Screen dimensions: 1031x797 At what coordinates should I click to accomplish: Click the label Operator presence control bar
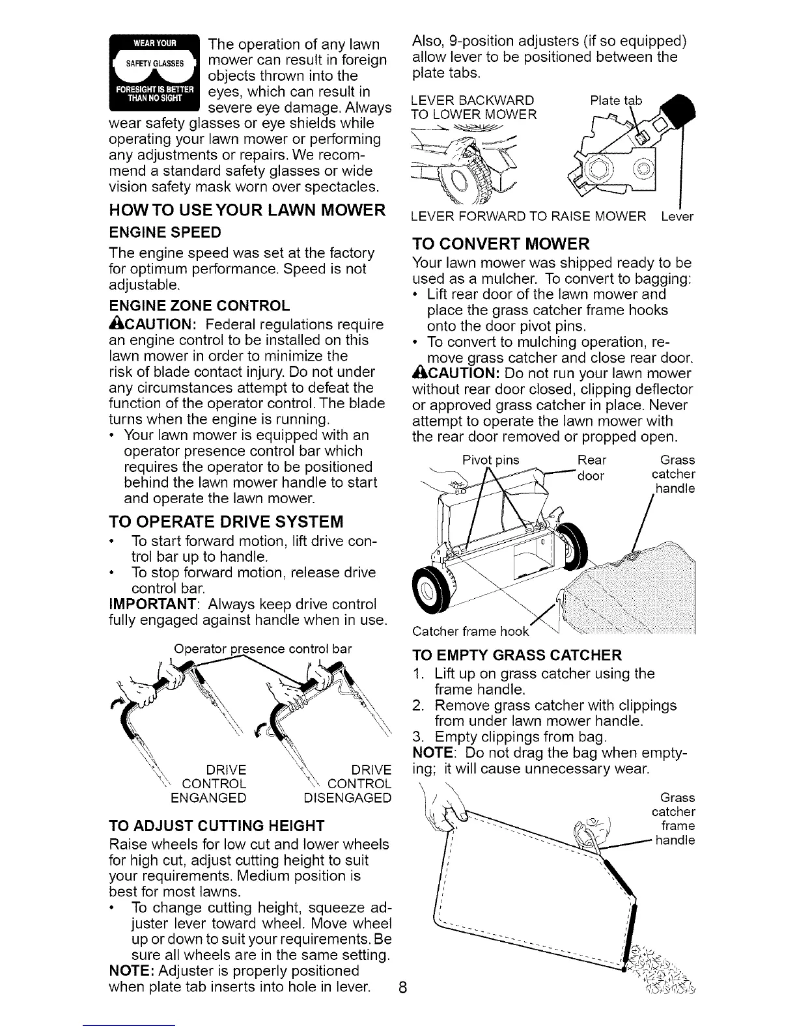pos(262,649)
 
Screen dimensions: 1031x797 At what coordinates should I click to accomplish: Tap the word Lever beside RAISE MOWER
pos(677,216)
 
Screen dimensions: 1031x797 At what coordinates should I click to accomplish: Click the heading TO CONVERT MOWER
pos(501,244)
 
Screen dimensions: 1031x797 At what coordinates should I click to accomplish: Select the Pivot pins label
pos(491,460)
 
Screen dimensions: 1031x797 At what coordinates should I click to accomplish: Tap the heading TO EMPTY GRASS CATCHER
pos(518,654)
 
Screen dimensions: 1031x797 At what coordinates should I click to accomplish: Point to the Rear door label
pos(592,467)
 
